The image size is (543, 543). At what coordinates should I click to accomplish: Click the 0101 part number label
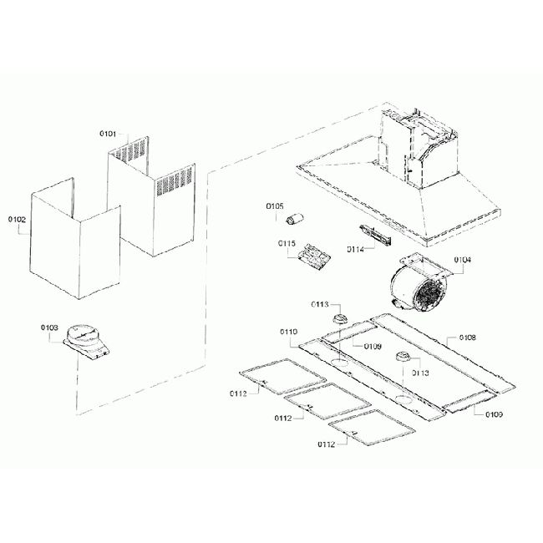point(108,134)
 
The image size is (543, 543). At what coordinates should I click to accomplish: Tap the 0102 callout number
point(18,220)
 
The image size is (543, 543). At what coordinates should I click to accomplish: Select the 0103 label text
point(49,328)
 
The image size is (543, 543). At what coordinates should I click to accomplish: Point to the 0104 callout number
point(462,260)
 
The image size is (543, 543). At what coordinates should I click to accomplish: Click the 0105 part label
point(275,206)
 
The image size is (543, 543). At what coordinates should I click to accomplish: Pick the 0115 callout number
point(287,243)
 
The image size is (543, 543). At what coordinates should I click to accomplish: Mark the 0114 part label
point(355,250)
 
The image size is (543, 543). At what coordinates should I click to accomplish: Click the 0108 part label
point(467,338)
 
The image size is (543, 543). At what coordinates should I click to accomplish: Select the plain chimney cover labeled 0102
point(74,246)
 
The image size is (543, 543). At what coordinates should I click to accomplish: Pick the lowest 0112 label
point(326,444)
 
